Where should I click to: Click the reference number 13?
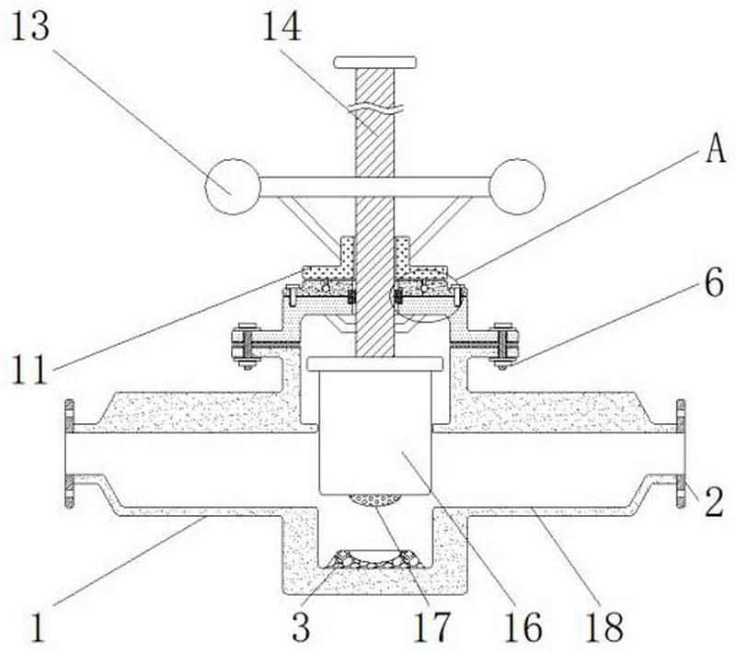coord(30,27)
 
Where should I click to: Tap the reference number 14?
coord(281,27)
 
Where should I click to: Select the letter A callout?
coord(716,150)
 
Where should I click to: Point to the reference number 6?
coord(715,283)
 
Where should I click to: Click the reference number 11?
coord(29,370)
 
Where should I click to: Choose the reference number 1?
coord(38,627)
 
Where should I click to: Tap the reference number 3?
coord(301,627)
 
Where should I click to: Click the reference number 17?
coord(431,627)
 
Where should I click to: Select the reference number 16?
coord(523,627)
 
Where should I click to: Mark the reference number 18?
coord(604,627)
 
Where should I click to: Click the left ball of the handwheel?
coord(233,187)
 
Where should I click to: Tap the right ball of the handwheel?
coord(517,187)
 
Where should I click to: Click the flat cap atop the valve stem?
coord(375,63)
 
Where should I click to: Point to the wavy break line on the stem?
coord(375,109)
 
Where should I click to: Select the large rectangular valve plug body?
coord(375,431)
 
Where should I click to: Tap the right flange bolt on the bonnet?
coord(503,346)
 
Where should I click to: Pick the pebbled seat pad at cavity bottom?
coord(375,560)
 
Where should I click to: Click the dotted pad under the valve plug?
coord(375,500)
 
